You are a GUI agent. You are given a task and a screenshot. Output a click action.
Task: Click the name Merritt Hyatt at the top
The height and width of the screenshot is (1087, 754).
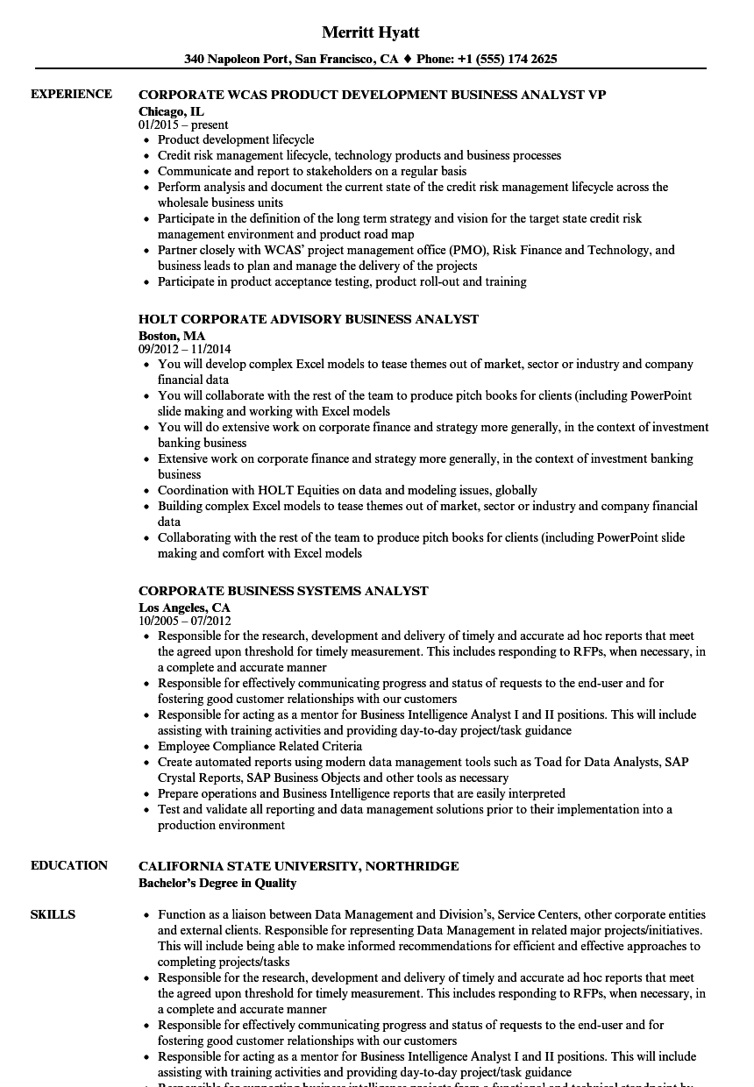371,32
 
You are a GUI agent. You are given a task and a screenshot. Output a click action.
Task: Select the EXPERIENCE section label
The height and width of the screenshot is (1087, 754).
71,94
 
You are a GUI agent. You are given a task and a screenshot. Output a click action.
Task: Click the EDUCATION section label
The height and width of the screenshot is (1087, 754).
69,865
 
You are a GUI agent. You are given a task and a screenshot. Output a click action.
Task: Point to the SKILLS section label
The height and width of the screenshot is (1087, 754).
53,914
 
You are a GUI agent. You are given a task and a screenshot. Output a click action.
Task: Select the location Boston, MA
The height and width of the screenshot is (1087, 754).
172,336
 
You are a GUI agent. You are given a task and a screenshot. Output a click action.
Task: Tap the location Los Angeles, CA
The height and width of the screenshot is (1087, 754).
184,607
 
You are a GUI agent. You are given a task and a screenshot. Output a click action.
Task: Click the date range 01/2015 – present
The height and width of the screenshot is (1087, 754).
183,124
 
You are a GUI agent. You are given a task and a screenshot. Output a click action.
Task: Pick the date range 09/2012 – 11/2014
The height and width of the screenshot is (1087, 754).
185,349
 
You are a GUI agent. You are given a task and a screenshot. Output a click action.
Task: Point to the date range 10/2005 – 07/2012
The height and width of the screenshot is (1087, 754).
185,621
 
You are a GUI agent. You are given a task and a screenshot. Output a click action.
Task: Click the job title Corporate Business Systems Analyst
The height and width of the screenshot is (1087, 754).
283,591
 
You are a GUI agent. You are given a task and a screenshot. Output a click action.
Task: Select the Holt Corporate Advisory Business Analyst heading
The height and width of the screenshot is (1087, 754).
309,319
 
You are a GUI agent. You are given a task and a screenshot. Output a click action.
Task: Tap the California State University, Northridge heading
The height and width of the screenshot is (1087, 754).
298,866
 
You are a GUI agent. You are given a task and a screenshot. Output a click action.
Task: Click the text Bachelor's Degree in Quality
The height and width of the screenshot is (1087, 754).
217,883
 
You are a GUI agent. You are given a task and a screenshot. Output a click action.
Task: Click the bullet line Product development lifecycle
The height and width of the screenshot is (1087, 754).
236,139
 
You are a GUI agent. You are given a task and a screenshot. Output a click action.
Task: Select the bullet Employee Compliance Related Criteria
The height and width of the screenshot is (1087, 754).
260,746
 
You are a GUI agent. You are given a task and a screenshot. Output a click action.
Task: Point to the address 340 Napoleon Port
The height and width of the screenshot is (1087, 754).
236,60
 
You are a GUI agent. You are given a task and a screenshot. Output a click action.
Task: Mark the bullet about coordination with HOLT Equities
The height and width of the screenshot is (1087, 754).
347,490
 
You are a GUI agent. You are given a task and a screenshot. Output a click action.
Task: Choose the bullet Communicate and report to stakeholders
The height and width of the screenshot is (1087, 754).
312,171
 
